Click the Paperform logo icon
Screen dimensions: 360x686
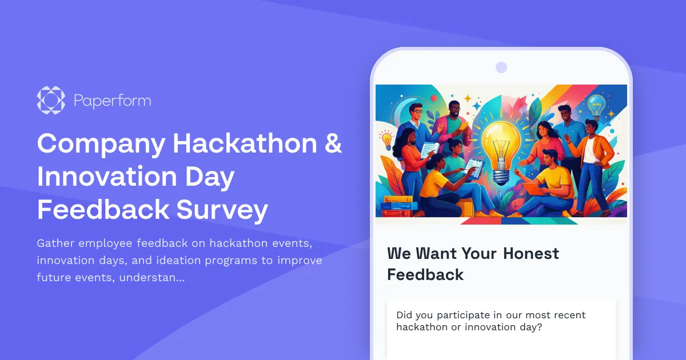point(51,101)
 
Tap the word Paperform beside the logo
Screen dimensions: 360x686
point(112,101)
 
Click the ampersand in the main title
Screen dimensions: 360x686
point(333,143)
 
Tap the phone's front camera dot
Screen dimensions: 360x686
point(501,67)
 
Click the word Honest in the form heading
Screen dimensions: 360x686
point(531,253)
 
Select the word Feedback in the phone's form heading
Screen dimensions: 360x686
point(425,274)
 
